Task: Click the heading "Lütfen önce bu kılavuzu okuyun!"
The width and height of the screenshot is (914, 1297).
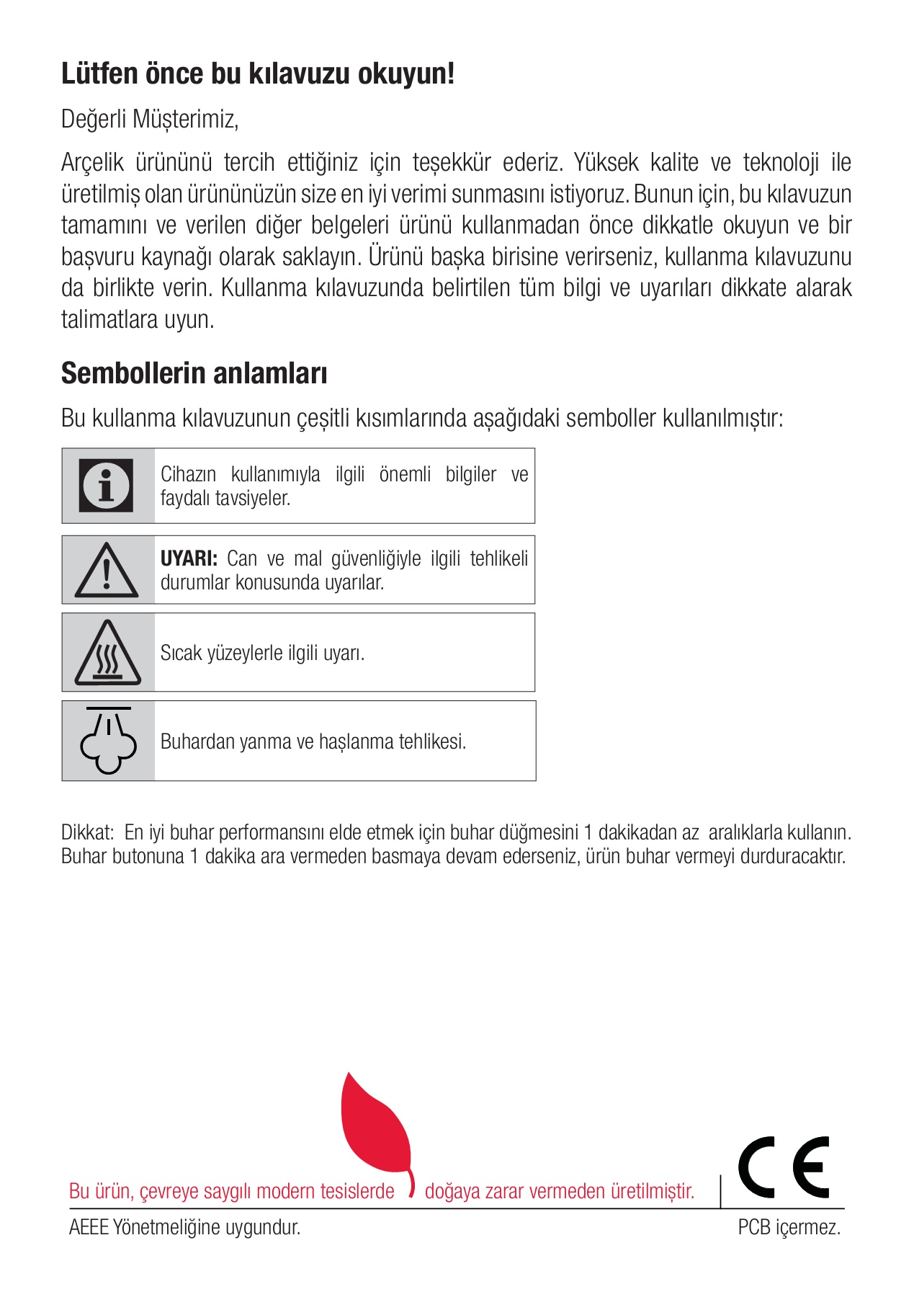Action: (257, 74)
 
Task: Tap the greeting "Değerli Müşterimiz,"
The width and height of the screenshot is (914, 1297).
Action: (150, 119)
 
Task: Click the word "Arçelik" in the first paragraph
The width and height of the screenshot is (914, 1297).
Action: (92, 163)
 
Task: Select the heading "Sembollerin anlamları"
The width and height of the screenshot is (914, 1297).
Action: (194, 373)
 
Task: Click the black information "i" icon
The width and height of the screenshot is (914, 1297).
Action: (107, 486)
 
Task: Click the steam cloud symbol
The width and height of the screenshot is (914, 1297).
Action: (108, 741)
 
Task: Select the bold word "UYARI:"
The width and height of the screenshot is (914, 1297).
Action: (189, 559)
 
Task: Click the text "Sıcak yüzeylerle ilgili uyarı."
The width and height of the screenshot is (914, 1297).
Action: (262, 653)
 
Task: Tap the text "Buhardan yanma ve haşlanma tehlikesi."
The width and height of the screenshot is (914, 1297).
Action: (313, 741)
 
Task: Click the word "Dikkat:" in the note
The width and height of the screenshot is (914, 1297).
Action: (88, 833)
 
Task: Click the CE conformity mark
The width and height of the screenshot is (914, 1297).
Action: (784, 1167)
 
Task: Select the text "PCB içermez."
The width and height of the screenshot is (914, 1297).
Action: (789, 1227)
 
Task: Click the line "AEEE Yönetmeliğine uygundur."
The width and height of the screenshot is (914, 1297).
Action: (184, 1227)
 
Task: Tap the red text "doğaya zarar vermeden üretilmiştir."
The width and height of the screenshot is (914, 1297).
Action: (559, 1191)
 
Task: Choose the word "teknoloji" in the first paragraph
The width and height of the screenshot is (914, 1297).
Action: (781, 163)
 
